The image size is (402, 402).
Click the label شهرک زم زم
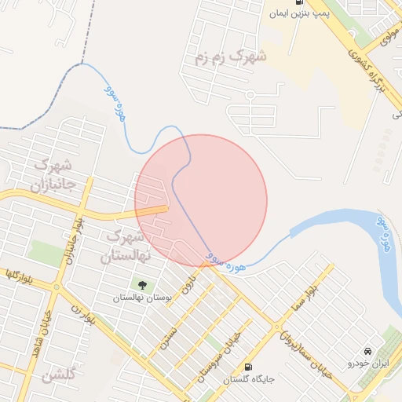[231, 57]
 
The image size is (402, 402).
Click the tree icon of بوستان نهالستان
[142, 285]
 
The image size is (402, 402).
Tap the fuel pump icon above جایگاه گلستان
[249, 367]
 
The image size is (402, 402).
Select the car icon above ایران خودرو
[367, 350]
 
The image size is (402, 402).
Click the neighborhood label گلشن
[60, 376]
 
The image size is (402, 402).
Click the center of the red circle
[201, 201]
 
